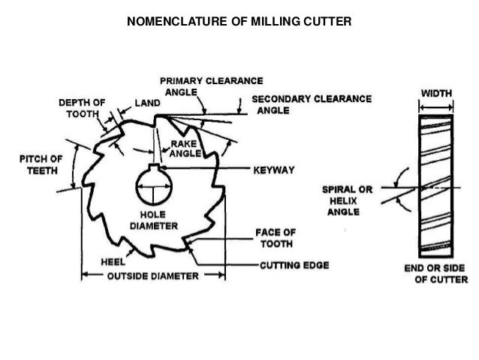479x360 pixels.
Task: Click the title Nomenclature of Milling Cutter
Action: pyautogui.click(x=239, y=21)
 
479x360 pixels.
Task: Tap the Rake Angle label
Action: pyautogui.click(x=185, y=147)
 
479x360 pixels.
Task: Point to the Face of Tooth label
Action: pyautogui.click(x=279, y=238)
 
